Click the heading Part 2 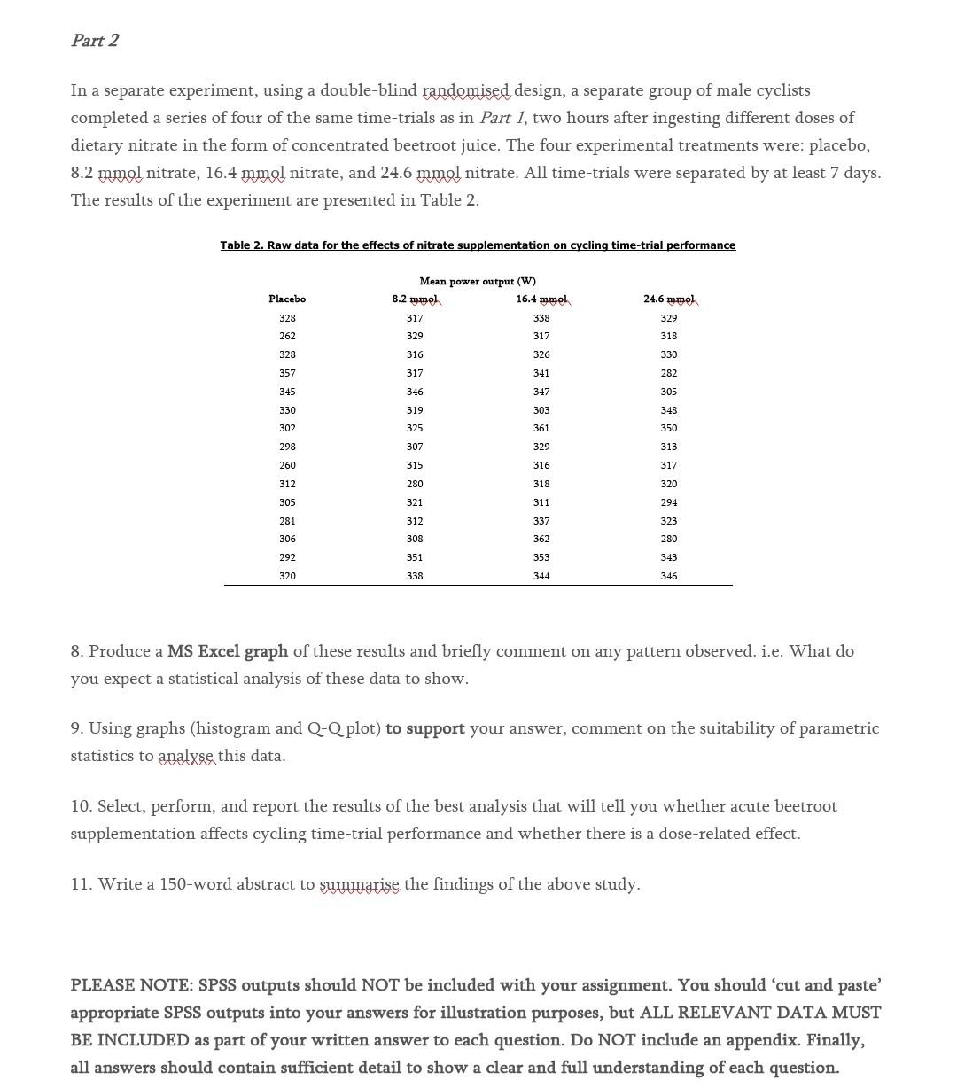pos(95,41)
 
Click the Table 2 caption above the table pos(478,245)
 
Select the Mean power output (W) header pos(478,281)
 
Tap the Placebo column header pos(287,299)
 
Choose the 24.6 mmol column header pos(670,299)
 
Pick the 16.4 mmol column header pos(542,299)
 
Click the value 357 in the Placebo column pos(287,373)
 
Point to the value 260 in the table pos(287,465)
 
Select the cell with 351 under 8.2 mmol pos(415,557)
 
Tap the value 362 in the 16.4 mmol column pos(541,539)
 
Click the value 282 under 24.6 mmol pos(669,373)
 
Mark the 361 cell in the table pos(541,428)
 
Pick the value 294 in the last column pos(669,502)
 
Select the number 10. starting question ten pos(82,806)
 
